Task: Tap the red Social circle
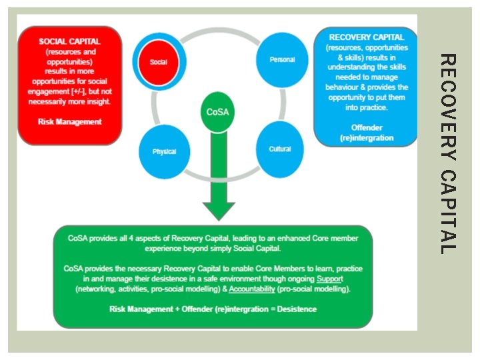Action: [x=158, y=61]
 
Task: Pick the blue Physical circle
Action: [x=164, y=151]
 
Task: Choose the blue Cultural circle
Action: [x=279, y=149]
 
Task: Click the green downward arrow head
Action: [x=218, y=209]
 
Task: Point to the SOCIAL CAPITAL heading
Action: [x=69, y=41]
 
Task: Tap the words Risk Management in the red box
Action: [x=70, y=122]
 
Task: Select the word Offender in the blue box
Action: [x=365, y=127]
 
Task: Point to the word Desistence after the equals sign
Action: [x=293, y=309]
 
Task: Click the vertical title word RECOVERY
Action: [x=449, y=107]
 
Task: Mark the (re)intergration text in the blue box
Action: [x=365, y=137]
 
